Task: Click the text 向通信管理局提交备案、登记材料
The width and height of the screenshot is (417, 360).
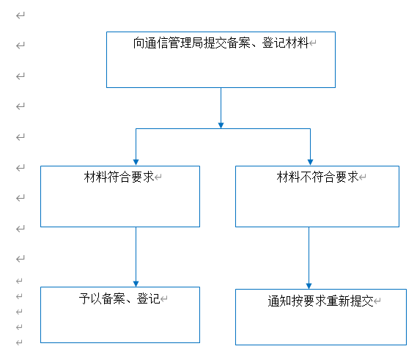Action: click(x=221, y=43)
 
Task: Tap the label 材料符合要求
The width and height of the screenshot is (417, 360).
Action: click(x=119, y=177)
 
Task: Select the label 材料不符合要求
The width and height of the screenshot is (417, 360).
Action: click(x=317, y=177)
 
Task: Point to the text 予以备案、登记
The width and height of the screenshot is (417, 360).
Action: click(x=119, y=298)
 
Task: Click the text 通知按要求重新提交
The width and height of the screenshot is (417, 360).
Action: click(x=320, y=301)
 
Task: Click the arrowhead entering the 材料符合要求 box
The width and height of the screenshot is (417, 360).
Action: click(x=136, y=162)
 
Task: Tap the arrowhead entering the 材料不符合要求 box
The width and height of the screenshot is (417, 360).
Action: click(x=310, y=162)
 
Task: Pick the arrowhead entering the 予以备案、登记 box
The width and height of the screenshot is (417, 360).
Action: click(x=136, y=284)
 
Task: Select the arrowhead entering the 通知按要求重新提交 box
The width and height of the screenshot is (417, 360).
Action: click(x=309, y=286)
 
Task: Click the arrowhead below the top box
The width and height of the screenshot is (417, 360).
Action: click(x=221, y=125)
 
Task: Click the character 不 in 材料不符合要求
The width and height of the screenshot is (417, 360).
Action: click(x=306, y=177)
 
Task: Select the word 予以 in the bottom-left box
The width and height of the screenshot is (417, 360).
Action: click(x=90, y=298)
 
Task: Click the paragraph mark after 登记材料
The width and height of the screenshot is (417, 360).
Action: click(x=313, y=43)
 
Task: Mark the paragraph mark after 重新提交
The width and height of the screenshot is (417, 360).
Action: click(x=377, y=301)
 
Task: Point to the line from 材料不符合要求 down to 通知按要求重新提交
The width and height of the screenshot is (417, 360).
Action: click(x=309, y=255)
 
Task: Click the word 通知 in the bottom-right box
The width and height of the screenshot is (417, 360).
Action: click(x=279, y=301)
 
